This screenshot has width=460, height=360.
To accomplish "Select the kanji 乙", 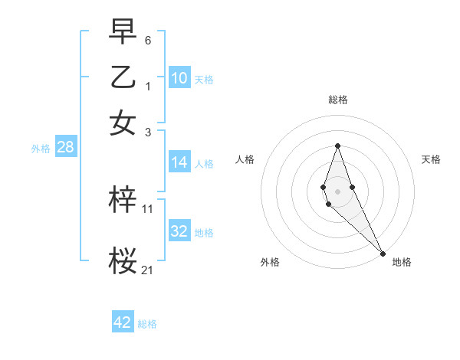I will click(x=123, y=77).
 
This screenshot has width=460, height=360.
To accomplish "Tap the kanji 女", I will click(x=123, y=123).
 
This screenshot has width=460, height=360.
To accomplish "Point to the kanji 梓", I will click(x=123, y=200).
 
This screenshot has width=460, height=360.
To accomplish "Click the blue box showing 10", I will click(x=179, y=78).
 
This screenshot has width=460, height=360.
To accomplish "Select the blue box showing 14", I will click(x=179, y=162).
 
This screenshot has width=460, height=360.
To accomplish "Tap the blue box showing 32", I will click(x=179, y=231).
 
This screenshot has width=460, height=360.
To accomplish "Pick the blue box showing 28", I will click(x=65, y=148).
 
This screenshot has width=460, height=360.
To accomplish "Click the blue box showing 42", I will click(x=123, y=322).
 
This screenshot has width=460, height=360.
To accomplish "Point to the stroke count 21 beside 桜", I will click(x=148, y=269).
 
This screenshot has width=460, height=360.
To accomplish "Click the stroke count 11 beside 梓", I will click(x=148, y=208).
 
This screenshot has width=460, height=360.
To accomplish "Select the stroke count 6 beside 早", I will click(x=148, y=39).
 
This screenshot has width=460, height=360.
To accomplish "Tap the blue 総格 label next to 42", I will click(x=147, y=324).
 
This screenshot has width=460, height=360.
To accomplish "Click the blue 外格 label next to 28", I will click(x=41, y=149).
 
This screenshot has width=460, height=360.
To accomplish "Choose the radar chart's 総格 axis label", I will click(x=337, y=100).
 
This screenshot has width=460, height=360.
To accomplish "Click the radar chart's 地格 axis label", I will click(x=402, y=262).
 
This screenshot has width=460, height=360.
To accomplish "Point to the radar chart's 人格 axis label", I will click(x=245, y=159).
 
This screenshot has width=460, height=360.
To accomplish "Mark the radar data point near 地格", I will click(x=383, y=253).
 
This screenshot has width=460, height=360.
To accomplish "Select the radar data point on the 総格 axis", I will click(x=337, y=146).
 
